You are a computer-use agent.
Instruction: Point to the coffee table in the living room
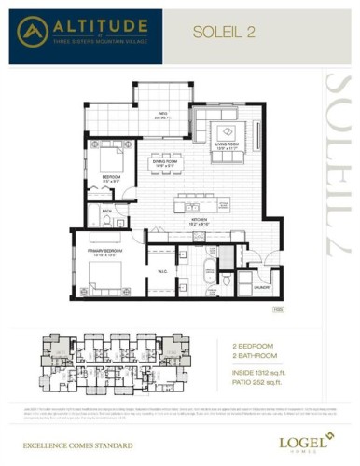tap(227, 130)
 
